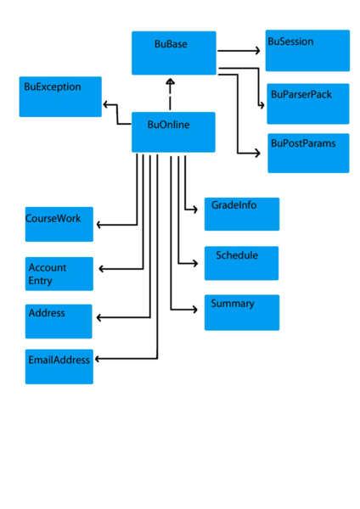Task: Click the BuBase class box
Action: pyautogui.click(x=173, y=53)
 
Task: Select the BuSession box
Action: pyautogui.click(x=307, y=51)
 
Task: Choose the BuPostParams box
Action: pyautogui.click(x=307, y=154)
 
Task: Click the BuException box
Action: pyautogui.click(x=60, y=97)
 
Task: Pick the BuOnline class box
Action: pyautogui.click(x=173, y=132)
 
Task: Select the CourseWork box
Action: pyautogui.click(x=59, y=225)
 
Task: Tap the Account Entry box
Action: pyautogui.click(x=59, y=273)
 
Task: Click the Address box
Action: pyautogui.click(x=59, y=321)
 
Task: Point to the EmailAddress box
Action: pyautogui.click(x=59, y=366)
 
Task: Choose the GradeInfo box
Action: pyautogui.click(x=241, y=214)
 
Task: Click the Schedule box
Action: pyautogui.click(x=241, y=263)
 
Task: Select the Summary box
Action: pyautogui.click(x=241, y=312)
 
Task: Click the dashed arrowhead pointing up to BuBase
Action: pyautogui.click(x=170, y=82)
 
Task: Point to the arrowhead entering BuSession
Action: pyautogui.click(x=257, y=51)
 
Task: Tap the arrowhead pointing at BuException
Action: pyautogui.click(x=106, y=104)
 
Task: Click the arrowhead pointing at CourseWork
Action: pyautogui.click(x=100, y=225)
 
